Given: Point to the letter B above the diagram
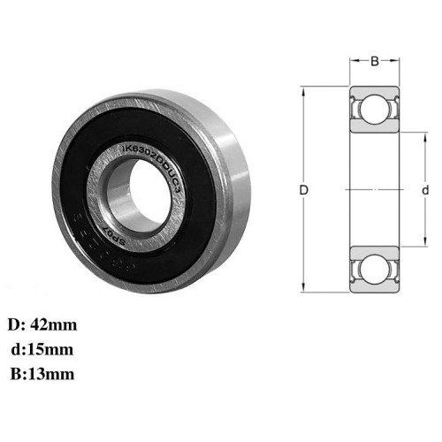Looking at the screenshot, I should tap(374, 61).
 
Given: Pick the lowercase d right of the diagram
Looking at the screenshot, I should tap(425, 190).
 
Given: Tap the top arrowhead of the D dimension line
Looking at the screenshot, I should tap(303, 88).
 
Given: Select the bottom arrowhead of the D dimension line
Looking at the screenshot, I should tap(303, 292).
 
